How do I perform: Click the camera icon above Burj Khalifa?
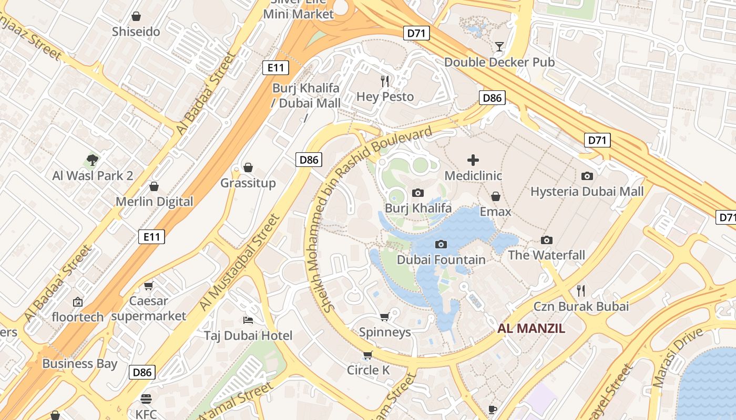pyautogui.click(x=418, y=193)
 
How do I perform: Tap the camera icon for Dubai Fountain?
pyautogui.click(x=441, y=244)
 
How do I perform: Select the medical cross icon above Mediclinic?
pyautogui.click(x=473, y=160)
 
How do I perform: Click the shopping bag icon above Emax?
pyautogui.click(x=495, y=197)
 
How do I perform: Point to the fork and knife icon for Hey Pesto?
pyautogui.click(x=385, y=81)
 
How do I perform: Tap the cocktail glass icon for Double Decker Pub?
pyautogui.click(x=499, y=47)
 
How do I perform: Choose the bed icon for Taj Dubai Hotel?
pyautogui.click(x=248, y=320)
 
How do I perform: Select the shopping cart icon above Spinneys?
pyautogui.click(x=385, y=317)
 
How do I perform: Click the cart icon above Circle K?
pyautogui.click(x=368, y=355)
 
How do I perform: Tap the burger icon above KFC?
pyautogui.click(x=146, y=399)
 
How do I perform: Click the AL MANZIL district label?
pyautogui.click(x=531, y=329)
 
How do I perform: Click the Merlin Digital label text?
pyautogui.click(x=155, y=202)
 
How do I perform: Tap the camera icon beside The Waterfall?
pyautogui.click(x=547, y=240)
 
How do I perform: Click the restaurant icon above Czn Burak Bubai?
pyautogui.click(x=581, y=290)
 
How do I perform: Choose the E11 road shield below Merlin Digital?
pyautogui.click(x=151, y=237)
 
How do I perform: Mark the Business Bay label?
pyautogui.click(x=80, y=363)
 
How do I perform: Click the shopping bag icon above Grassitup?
pyautogui.click(x=248, y=167)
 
